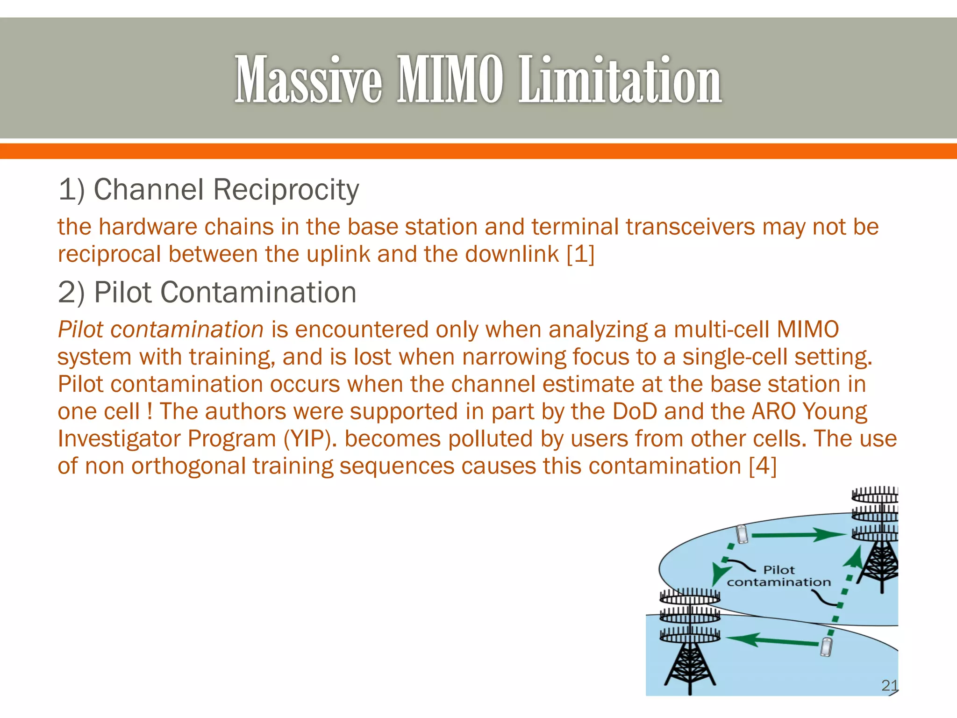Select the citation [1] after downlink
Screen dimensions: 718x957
[x=580, y=254]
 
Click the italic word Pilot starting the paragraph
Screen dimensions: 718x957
[x=80, y=330]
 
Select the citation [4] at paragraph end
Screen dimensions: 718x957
[x=762, y=466]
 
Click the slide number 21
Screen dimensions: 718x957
[x=889, y=685]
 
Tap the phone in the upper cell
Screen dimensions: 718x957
[x=742, y=534]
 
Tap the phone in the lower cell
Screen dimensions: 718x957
[x=826, y=647]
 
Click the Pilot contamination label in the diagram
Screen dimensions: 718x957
[x=779, y=576]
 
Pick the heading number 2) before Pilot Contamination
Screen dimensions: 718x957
[x=71, y=293]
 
